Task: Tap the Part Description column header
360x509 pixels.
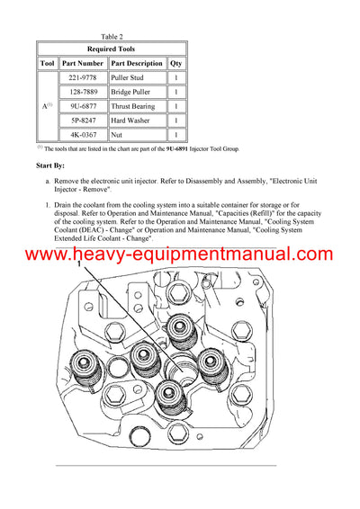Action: [136, 64]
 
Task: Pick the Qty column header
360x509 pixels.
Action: [176, 64]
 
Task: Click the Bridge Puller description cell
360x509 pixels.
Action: [131, 92]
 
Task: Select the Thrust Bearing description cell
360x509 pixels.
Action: [133, 106]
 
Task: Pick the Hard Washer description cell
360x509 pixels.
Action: [130, 120]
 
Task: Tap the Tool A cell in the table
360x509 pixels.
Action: [46, 106]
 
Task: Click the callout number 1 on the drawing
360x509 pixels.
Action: [79, 265]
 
